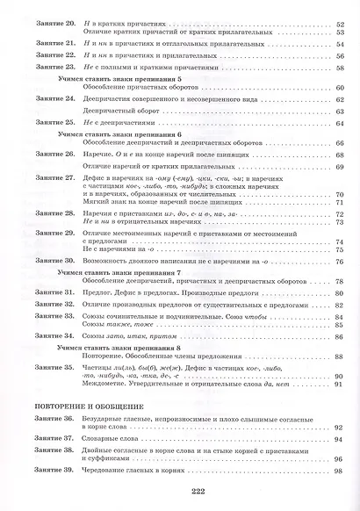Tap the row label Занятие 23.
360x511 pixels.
40,68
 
